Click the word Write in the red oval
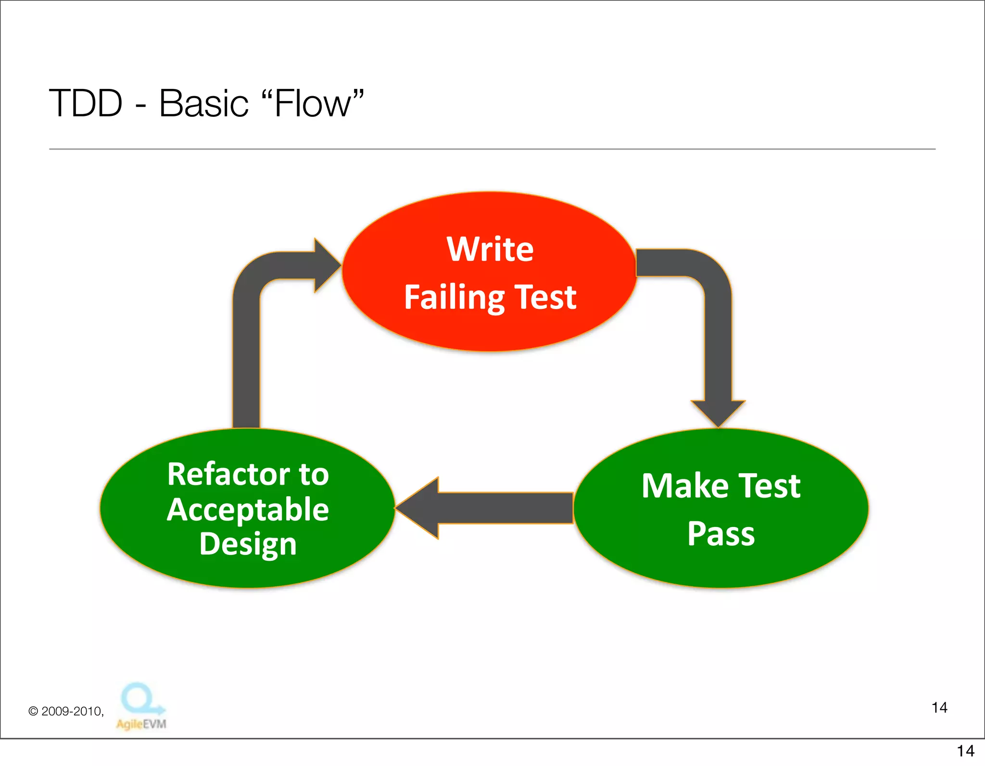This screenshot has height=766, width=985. click(x=490, y=250)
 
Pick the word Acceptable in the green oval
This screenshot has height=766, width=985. click(x=248, y=510)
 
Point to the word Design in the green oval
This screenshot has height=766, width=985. click(x=248, y=545)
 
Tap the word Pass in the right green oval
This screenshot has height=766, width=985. click(x=720, y=534)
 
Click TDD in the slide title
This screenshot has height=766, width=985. click(x=86, y=103)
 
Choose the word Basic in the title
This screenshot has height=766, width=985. click(x=203, y=103)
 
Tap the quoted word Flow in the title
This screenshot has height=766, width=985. click(x=313, y=103)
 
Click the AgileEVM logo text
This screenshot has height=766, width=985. click(x=141, y=724)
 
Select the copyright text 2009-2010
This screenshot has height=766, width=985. click(x=72, y=711)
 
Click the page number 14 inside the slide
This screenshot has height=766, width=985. click(x=939, y=708)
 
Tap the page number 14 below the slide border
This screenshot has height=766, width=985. click(x=965, y=751)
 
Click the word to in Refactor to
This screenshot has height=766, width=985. click(x=314, y=475)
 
